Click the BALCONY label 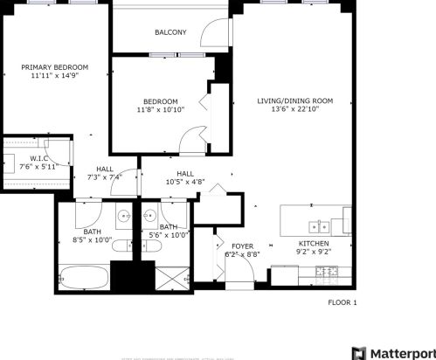click(170, 32)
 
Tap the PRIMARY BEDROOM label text click(55, 67)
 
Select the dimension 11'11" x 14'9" click(55, 76)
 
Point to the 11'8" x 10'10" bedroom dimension click(160, 110)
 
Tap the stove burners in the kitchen click(327, 273)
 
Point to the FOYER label click(242, 246)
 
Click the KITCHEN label click(314, 243)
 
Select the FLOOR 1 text click(343, 302)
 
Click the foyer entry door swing click(248, 271)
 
